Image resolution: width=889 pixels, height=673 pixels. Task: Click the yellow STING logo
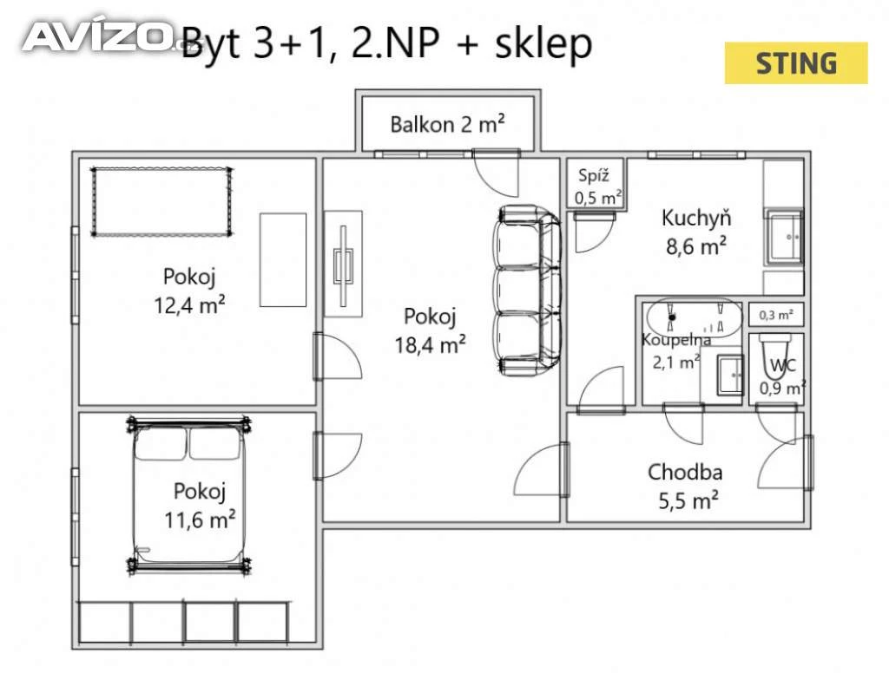[796, 63]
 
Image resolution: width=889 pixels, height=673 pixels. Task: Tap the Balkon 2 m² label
[447, 124]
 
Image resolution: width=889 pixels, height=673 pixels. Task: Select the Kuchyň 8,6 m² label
[696, 232]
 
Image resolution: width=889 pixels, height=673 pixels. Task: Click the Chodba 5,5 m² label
[686, 487]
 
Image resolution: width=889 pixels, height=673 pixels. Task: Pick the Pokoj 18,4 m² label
[430, 330]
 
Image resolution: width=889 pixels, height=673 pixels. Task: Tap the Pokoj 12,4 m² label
[189, 291]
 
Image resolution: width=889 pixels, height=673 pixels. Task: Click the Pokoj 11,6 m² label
[200, 506]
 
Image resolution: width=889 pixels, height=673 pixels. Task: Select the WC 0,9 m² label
[782, 376]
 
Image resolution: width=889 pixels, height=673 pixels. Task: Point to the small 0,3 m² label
[776, 315]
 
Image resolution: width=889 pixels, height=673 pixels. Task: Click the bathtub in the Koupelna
[695, 317]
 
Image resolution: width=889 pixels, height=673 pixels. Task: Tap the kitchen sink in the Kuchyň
[786, 238]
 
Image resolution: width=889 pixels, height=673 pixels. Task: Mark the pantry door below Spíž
[594, 232]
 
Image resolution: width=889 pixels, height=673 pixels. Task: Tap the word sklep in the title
[543, 44]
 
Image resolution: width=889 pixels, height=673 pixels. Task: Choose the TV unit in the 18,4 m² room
[343, 265]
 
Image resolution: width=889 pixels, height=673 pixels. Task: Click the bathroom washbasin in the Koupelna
[729, 375]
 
